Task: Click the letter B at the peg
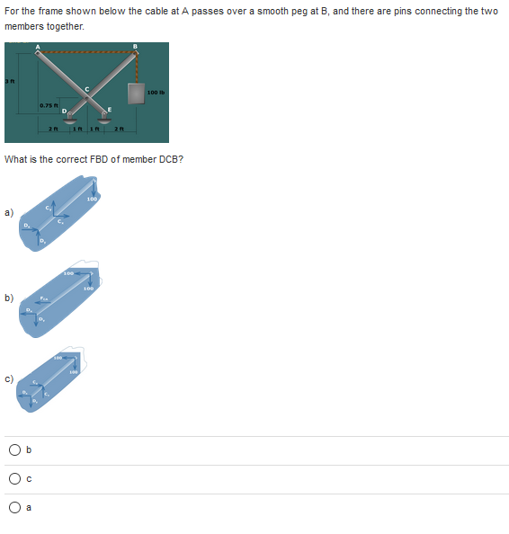(x=135, y=45)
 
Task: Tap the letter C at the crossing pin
(x=86, y=87)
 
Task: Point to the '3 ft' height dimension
(x=6, y=84)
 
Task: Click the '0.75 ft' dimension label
(x=49, y=107)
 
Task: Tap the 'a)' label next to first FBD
(x=9, y=213)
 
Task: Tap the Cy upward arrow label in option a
(x=49, y=209)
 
